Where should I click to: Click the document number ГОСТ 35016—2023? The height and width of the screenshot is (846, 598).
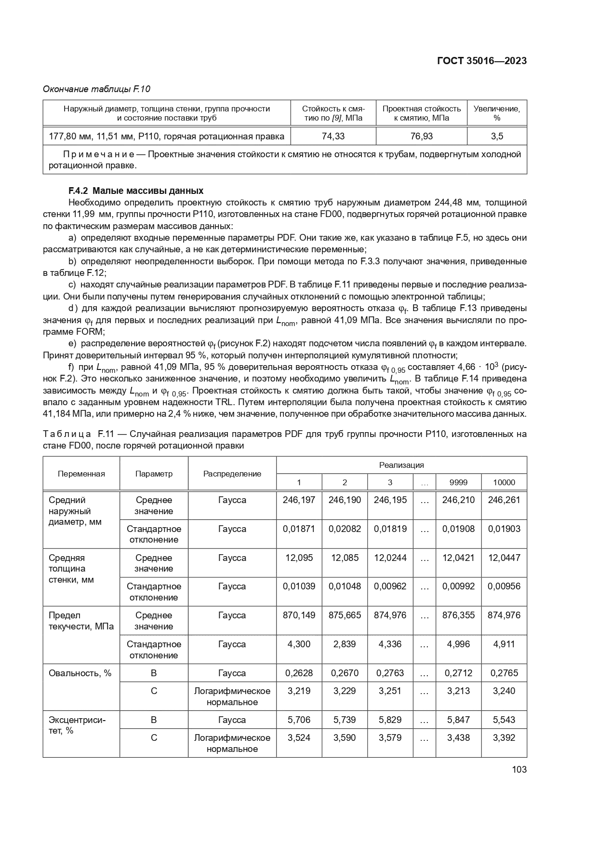pos(481,61)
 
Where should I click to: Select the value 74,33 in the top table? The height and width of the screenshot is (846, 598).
pos(333,136)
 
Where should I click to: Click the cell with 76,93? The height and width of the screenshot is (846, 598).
pos(421,136)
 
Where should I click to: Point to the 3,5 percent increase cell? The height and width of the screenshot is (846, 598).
pos(497,136)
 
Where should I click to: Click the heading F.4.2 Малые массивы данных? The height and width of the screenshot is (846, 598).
pos(136,191)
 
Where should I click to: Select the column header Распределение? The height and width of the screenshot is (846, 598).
pos(232,474)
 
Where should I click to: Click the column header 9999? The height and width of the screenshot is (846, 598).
pos(458,482)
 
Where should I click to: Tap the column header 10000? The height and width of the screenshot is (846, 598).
pos(504,482)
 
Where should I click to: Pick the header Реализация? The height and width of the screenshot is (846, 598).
pos(401,465)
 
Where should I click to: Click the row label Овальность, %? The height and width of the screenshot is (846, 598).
pos(80,673)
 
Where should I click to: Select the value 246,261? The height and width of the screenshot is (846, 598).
pos(504,500)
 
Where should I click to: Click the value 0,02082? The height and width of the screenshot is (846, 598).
pos(345,529)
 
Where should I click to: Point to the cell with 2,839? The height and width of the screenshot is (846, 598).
pos(345,644)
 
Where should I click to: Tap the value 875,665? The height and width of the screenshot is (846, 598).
pos(345,615)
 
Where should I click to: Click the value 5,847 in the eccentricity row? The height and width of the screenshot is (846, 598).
pos(458,720)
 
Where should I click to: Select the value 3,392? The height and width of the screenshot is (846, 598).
pos(504,738)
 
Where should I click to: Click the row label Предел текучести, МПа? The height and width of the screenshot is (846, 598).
pos(81,621)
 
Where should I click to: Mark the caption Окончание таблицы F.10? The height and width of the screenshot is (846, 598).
pos(97,89)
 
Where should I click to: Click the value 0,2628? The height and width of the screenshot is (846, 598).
pos(299,673)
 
